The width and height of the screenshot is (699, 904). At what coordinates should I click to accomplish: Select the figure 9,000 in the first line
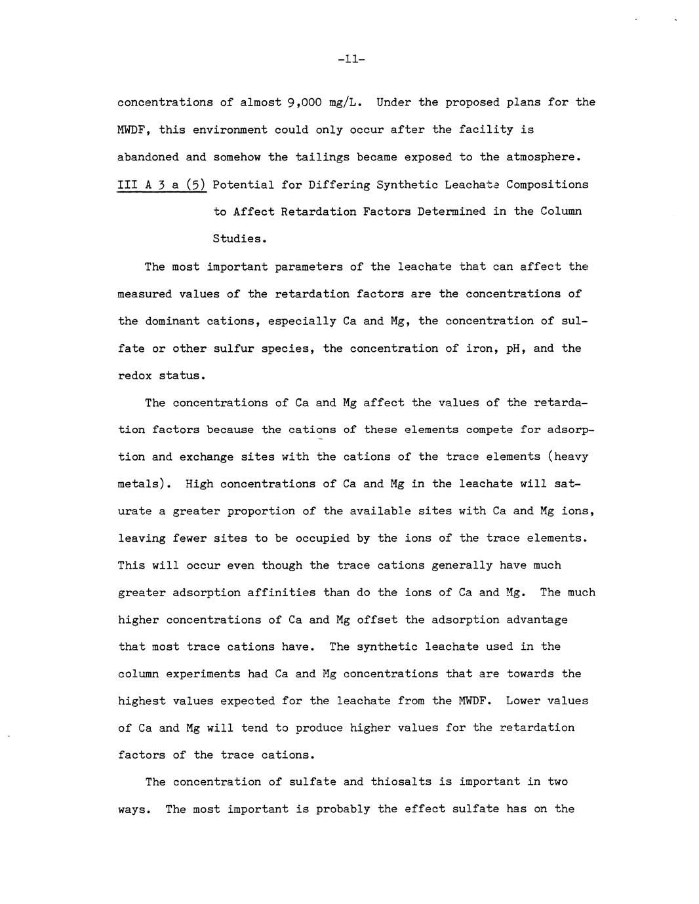[x=305, y=103]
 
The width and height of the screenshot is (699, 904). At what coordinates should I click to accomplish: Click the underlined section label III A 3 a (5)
[x=162, y=185]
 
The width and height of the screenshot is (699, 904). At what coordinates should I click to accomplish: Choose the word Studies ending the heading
[x=237, y=239]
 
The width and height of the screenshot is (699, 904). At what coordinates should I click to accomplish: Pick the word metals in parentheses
[x=138, y=485]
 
